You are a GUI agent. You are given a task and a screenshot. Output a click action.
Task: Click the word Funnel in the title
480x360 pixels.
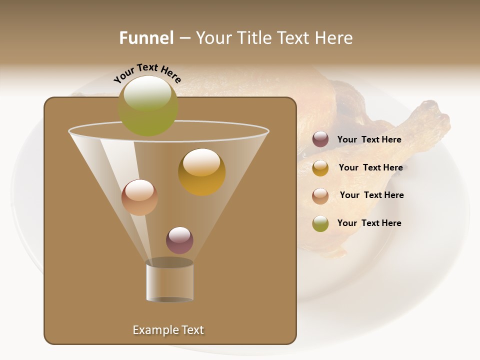pos(146,38)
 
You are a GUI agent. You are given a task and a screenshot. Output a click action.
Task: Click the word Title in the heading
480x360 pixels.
pos(253,38)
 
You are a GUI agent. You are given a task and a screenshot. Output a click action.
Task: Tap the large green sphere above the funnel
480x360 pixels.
pos(148,105)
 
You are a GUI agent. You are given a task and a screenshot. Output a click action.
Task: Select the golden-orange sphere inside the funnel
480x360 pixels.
pos(201,172)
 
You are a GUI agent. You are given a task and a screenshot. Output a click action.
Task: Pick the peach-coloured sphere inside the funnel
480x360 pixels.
pos(139,197)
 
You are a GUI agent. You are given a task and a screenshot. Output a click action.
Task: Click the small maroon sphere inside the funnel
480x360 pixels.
pos(179,240)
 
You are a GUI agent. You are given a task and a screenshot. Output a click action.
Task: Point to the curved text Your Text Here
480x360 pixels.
pos(147,73)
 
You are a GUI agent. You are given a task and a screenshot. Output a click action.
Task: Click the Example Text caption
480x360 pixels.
pos(168,330)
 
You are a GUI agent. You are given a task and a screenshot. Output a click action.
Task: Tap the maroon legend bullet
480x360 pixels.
pos(320,139)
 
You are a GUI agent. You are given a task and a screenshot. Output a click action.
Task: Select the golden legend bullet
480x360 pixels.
pos(320,168)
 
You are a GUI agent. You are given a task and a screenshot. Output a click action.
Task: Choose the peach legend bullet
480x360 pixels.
pos(320,196)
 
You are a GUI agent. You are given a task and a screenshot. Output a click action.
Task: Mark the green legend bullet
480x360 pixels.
pos(320,223)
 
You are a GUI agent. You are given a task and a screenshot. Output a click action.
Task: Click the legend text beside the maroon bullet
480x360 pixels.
pos(369,139)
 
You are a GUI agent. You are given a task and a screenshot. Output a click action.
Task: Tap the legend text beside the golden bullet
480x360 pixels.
pos(370,167)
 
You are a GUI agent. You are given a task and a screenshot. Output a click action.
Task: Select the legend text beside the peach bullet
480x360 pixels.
pos(371,195)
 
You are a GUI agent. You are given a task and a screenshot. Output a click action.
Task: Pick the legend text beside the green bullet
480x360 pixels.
pos(369,223)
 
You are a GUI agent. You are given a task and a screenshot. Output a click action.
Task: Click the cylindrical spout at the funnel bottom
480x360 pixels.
pos(169,281)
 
